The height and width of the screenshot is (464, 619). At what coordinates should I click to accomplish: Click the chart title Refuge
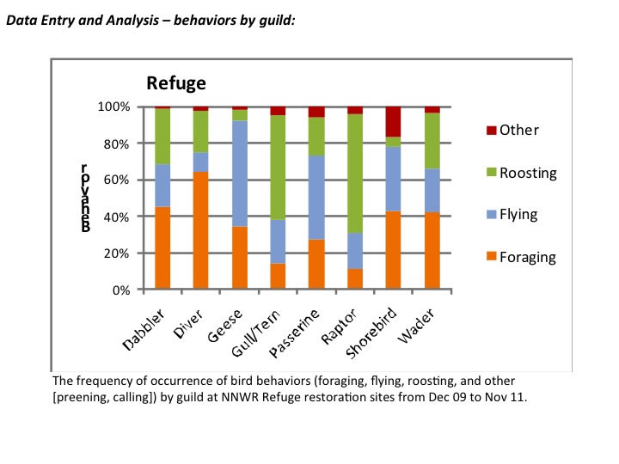(x=176, y=83)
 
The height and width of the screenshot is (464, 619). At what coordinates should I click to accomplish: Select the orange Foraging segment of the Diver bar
(x=200, y=230)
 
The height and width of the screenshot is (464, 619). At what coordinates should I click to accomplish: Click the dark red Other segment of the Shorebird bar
(x=394, y=121)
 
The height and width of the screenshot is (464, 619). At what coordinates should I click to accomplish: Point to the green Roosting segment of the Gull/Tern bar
(x=278, y=167)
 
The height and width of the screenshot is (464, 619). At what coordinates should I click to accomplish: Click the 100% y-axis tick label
(x=114, y=107)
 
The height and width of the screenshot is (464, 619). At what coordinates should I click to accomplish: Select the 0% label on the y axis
(x=121, y=290)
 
